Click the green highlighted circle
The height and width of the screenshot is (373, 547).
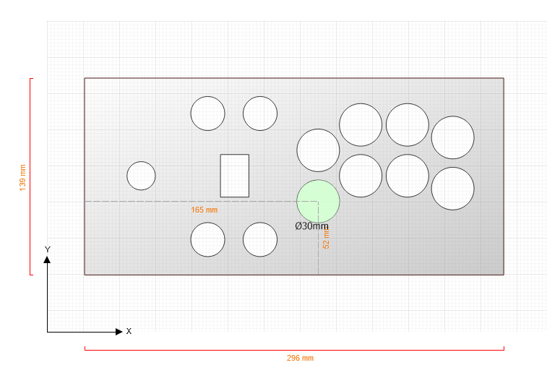pos(318,202)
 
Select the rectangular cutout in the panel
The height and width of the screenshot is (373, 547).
pos(234,176)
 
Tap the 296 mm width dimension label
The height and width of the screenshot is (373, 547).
pos(300,358)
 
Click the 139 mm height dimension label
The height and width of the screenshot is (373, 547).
pos(22,178)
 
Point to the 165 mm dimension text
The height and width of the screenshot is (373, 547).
pos(204,210)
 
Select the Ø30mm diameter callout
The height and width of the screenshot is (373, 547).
pos(311,226)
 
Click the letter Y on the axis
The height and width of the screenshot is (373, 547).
pos(48,249)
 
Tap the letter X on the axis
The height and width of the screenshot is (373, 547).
pos(129,332)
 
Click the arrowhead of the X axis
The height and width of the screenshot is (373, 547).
pos(119,332)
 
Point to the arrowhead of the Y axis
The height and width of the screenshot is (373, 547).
pos(47,260)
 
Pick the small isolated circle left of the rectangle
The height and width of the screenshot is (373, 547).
pos(142,176)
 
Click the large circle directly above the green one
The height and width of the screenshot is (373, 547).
pos(318,150)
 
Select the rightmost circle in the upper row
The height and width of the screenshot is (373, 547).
pos(453,137)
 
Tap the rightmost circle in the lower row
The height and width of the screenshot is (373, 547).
pos(453,189)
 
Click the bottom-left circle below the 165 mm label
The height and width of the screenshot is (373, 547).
pos(208,239)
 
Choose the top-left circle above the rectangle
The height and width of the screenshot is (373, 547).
pos(208,113)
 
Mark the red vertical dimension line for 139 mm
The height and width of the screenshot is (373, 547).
pos(30,176)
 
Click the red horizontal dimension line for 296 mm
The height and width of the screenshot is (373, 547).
pos(294,349)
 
